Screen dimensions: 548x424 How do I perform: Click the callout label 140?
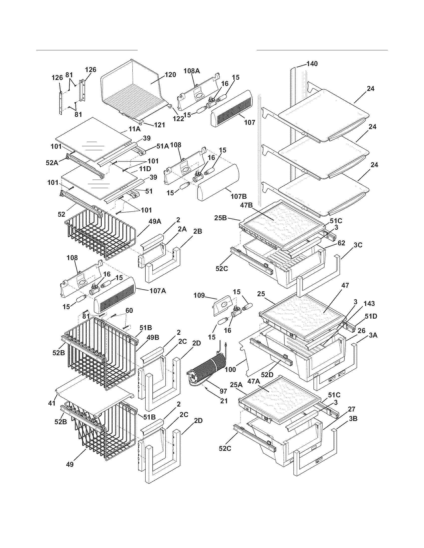312,64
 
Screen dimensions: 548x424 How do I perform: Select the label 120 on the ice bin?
170,74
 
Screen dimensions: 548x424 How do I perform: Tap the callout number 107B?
239,196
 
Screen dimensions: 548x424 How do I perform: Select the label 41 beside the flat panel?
52,403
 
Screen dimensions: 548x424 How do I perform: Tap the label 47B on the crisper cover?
246,205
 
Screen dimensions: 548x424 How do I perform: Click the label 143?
369,303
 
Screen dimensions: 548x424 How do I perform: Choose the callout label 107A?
157,291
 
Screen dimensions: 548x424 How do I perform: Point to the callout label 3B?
353,418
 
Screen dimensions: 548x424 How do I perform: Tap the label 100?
230,369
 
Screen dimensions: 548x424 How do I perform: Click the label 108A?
192,71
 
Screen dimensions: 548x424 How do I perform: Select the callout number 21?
224,401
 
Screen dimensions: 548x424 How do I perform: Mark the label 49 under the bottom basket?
70,464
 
